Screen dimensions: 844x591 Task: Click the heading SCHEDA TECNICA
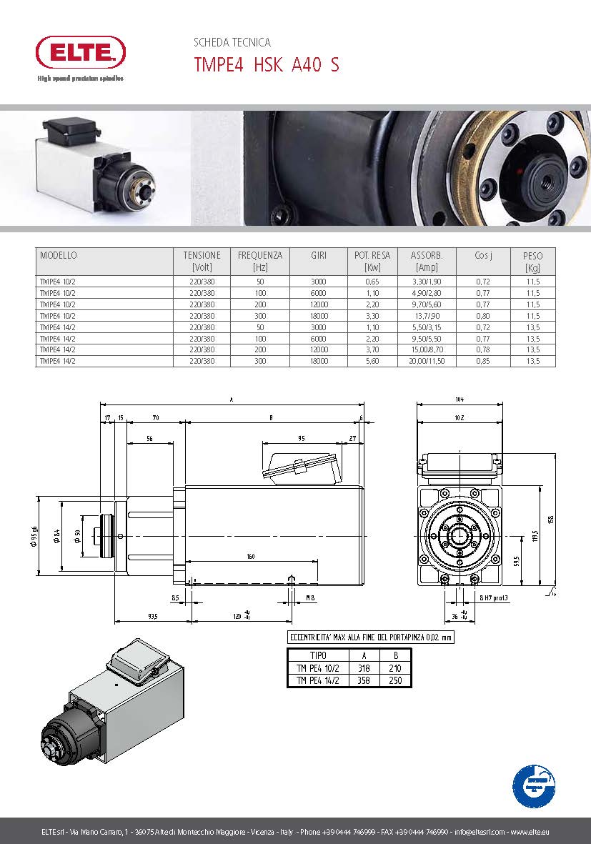232,43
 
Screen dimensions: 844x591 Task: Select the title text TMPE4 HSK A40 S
267,65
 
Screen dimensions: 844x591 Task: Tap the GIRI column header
318,255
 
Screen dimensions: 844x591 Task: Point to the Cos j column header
483,255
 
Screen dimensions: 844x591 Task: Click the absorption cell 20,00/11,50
427,362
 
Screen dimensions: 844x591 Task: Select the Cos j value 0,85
483,362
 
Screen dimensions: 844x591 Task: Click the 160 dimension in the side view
251,556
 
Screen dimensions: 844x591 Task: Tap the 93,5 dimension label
152,615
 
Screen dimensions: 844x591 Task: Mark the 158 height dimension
551,520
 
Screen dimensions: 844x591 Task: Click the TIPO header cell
318,655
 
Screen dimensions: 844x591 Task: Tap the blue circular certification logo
534,785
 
